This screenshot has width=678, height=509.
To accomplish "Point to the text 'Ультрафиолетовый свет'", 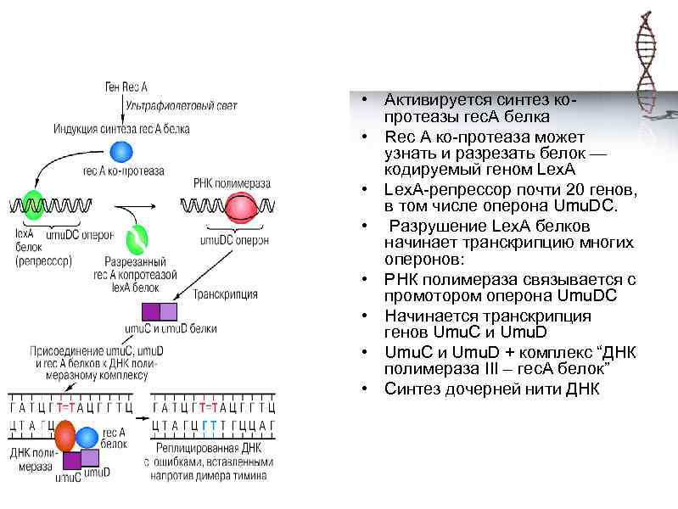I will tap(182, 105).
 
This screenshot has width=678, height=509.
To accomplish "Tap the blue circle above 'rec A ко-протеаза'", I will tap(123, 151).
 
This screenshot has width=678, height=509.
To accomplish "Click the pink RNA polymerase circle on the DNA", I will tap(241, 208).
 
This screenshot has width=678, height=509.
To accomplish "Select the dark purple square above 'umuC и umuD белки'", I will tap(151, 310).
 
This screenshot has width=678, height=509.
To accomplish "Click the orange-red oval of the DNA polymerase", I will tap(66, 438).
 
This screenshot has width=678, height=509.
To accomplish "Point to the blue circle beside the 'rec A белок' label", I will tap(87, 438).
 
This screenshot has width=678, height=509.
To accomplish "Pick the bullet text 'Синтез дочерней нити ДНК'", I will tap(491, 389).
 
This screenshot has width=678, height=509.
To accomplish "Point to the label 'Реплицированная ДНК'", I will tap(209, 447).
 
